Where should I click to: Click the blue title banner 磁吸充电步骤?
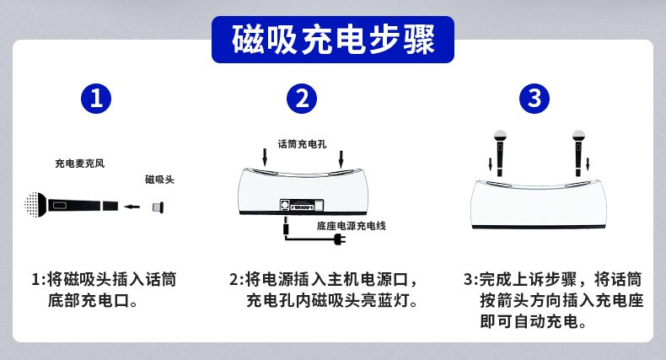pyautogui.click(x=332, y=40)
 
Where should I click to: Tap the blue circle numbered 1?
pyautogui.click(x=96, y=99)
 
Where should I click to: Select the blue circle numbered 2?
pyautogui.click(x=302, y=99)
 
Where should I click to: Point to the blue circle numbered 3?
pyautogui.click(x=534, y=99)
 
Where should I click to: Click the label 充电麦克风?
pyautogui.click(x=80, y=164)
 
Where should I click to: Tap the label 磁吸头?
pyautogui.click(x=159, y=179)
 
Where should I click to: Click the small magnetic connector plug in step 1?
pyautogui.click(x=158, y=207)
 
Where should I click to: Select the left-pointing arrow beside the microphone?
pyautogui.click(x=132, y=207)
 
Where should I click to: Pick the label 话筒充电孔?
pyautogui.click(x=302, y=144)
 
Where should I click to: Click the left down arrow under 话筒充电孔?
pyautogui.click(x=265, y=157)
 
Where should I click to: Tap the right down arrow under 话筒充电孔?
pyautogui.click(x=341, y=159)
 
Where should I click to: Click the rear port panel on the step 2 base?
pyautogui.click(x=302, y=206)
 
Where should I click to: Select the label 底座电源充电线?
pyautogui.click(x=351, y=226)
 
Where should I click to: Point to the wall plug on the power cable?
pyautogui.click(x=340, y=239)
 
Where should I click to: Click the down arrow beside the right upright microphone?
pyautogui.click(x=588, y=164)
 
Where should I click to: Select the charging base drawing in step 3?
pyautogui.click(x=540, y=205)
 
